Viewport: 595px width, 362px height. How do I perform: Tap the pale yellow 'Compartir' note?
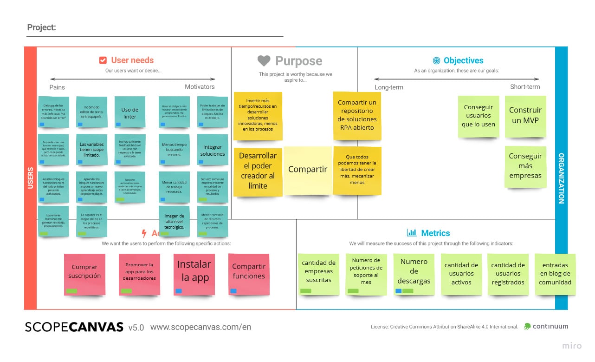[x=308, y=170]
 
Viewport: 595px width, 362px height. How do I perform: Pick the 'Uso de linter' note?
[x=130, y=112]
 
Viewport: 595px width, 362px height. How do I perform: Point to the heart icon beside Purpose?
[x=264, y=61]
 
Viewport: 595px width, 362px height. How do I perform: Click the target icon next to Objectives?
[x=436, y=60]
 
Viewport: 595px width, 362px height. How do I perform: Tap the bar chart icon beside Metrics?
[x=411, y=233]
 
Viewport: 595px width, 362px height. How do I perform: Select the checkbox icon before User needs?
[x=103, y=60]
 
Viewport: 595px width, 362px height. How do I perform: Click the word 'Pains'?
[x=57, y=87]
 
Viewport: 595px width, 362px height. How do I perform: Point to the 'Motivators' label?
[x=200, y=86]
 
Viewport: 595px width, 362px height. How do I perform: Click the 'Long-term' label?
[x=389, y=87]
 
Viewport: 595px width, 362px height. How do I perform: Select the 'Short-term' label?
[x=525, y=87]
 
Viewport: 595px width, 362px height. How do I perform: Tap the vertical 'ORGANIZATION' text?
[x=561, y=178]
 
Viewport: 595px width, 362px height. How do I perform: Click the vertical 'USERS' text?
[x=30, y=178]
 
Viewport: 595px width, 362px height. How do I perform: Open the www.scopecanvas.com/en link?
[x=200, y=327]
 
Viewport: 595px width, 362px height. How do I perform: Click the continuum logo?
[x=546, y=326]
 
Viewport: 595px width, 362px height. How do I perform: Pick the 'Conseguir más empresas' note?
[x=525, y=166]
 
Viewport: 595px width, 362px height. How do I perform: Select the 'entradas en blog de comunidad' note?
[x=555, y=274]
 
